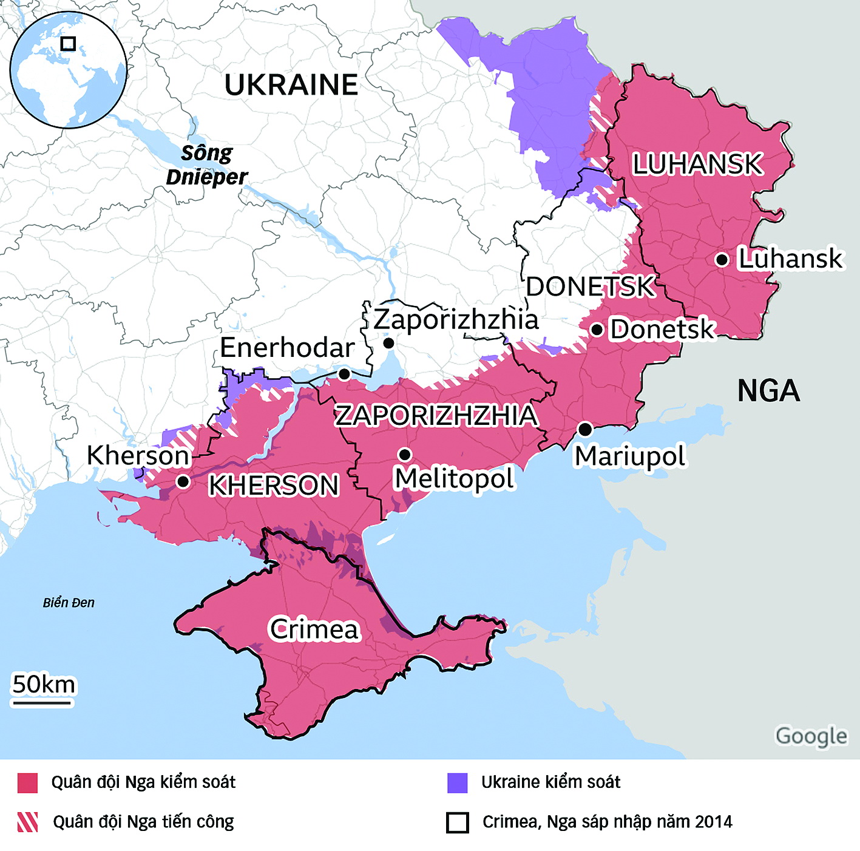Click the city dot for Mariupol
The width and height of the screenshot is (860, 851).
(x=585, y=429)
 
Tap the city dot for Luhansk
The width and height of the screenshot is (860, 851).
(x=722, y=260)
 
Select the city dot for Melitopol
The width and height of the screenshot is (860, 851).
(x=405, y=454)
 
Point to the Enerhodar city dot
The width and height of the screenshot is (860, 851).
(x=344, y=373)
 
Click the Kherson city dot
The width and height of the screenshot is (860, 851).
(x=183, y=481)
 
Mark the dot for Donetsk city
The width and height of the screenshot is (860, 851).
(x=597, y=330)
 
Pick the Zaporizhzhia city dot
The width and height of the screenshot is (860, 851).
(x=389, y=344)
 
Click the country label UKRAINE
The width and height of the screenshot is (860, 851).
(x=291, y=85)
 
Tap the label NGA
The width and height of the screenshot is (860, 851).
(x=768, y=390)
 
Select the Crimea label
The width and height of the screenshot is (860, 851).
(x=314, y=629)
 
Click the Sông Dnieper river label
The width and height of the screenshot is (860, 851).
(x=207, y=165)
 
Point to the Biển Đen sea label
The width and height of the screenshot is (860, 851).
(x=69, y=603)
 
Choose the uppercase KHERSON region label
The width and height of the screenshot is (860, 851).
(x=273, y=486)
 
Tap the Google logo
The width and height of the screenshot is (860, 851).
(x=811, y=736)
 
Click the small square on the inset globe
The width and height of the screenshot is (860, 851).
(x=68, y=44)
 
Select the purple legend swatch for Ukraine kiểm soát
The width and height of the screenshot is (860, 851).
(x=457, y=783)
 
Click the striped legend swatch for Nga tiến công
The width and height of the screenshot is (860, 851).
(x=27, y=822)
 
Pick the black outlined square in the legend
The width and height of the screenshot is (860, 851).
(x=457, y=822)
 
